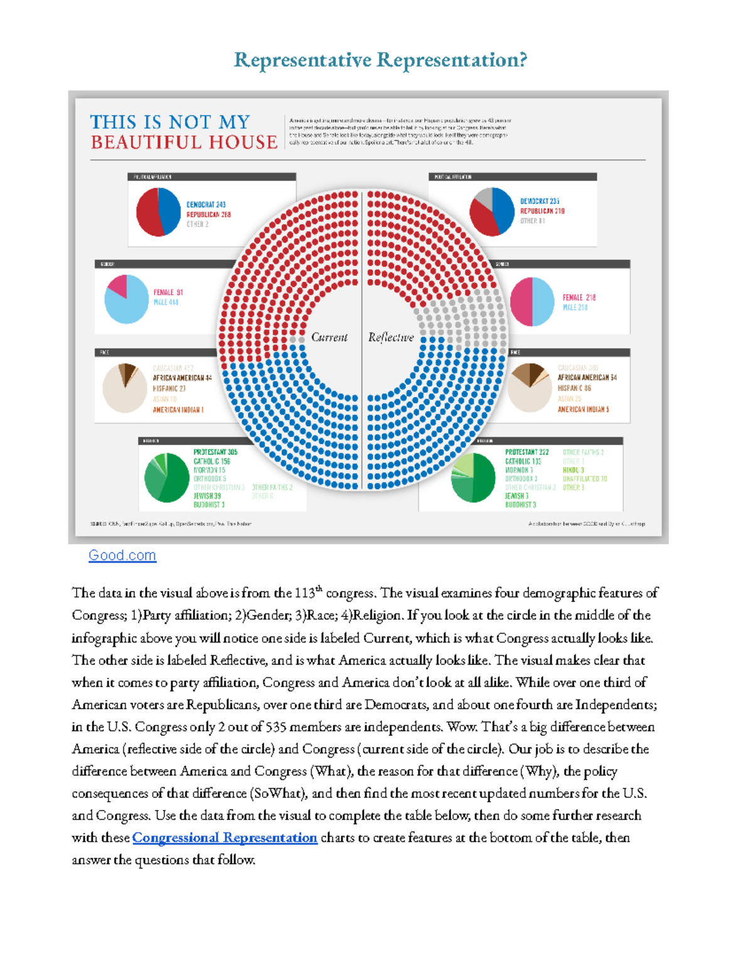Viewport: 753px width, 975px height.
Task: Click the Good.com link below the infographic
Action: coord(122,556)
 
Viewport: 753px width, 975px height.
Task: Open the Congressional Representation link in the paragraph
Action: coord(225,838)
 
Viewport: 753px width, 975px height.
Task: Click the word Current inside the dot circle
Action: coord(329,337)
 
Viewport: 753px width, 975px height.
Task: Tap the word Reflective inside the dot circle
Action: coord(391,337)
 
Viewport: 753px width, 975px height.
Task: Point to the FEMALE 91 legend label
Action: coord(168,293)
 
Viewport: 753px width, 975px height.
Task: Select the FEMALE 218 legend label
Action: coord(579,298)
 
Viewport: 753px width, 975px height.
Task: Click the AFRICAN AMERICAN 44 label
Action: coord(182,378)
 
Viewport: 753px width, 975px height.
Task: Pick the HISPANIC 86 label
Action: coord(574,388)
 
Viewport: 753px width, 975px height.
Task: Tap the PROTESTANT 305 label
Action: coord(215,452)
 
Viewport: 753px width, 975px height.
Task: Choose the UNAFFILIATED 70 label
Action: coord(585,478)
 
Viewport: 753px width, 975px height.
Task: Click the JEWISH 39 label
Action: coord(207,496)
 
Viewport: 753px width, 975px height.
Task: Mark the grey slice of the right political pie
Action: coord(484,197)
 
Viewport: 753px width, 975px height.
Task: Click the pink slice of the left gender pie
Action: coord(117,286)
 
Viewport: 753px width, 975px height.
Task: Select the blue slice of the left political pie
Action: coord(170,208)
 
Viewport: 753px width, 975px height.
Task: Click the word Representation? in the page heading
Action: coord(452,60)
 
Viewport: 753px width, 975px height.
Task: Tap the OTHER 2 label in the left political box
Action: coord(197,224)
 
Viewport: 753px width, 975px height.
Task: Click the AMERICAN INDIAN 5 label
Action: coord(583,409)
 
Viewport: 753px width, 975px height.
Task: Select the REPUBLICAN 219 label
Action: coord(542,211)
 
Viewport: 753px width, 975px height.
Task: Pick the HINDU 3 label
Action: coord(573,470)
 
